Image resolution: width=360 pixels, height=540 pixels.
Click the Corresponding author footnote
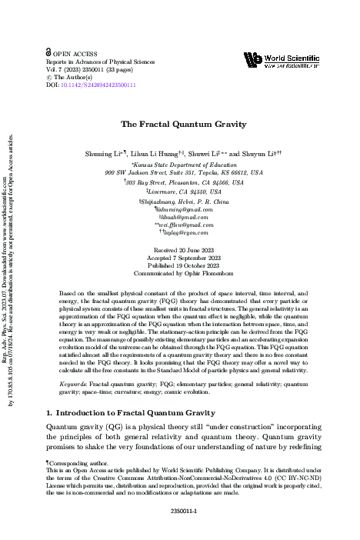click(x=82, y=464)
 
